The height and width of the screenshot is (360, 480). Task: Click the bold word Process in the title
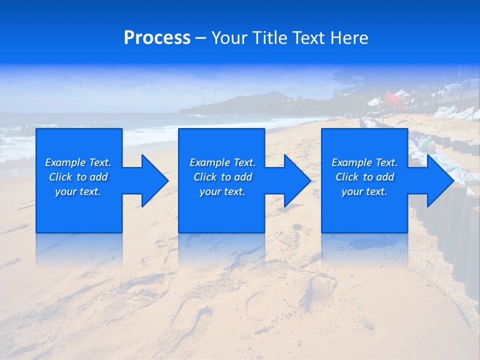157,38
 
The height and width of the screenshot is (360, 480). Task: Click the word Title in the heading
269,38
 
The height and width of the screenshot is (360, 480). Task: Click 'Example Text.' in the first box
78,162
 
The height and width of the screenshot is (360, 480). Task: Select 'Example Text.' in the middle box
222,162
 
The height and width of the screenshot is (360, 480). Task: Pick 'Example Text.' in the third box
364,162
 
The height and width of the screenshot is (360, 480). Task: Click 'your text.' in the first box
78,191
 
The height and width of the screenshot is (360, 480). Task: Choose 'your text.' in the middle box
222,191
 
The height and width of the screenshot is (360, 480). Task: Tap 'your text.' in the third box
364,191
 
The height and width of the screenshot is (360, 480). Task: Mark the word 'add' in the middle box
243,177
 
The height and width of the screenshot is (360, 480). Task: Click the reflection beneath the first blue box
79,250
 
